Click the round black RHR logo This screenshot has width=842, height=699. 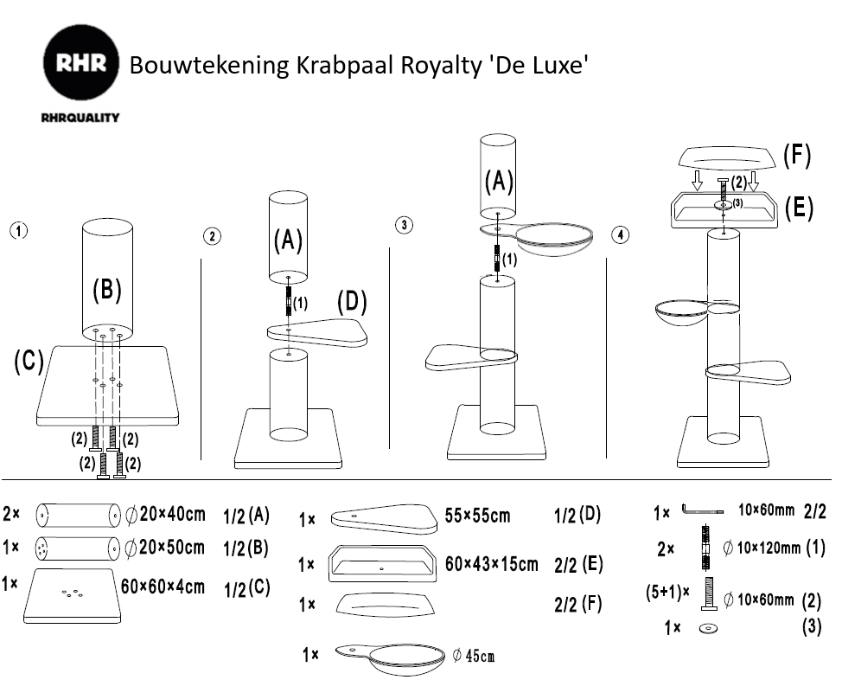click(x=80, y=64)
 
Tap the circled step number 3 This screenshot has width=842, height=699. click(x=404, y=226)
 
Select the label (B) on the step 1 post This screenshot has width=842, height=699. click(x=106, y=290)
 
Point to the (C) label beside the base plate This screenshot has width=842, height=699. click(x=29, y=362)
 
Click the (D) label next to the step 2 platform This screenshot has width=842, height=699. click(x=352, y=302)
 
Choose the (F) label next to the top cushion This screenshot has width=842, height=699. click(x=796, y=156)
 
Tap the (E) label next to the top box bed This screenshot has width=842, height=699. click(x=798, y=208)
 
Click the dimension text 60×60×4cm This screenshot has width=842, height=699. click(x=163, y=587)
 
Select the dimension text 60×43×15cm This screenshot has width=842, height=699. click(x=491, y=564)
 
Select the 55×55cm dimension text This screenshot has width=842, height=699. click(x=477, y=516)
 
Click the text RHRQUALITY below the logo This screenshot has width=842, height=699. click(x=80, y=118)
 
